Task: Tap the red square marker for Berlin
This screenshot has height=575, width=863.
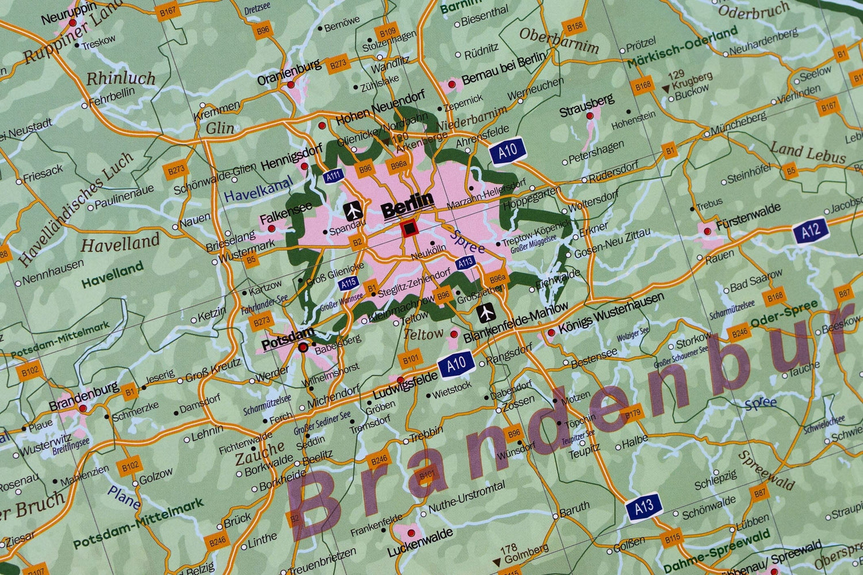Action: pyautogui.click(x=409, y=229)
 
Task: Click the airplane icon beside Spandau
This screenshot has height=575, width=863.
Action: pyautogui.click(x=353, y=210)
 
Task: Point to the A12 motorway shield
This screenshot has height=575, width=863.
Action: pyautogui.click(x=811, y=231)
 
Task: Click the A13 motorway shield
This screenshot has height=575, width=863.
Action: pyautogui.click(x=644, y=507)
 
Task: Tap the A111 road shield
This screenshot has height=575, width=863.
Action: pyautogui.click(x=333, y=177)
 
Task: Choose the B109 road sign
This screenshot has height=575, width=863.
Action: pyautogui.click(x=387, y=32)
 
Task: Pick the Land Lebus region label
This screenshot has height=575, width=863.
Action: pyautogui.click(x=808, y=153)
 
